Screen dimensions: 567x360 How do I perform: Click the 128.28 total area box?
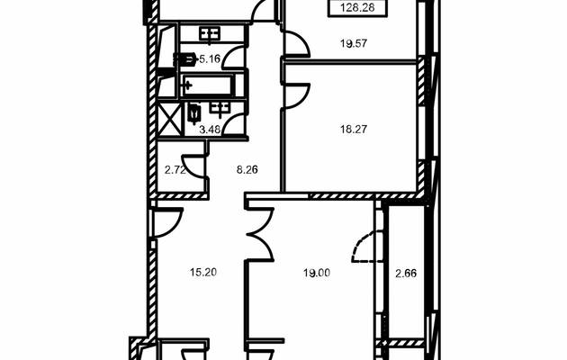pyautogui.click(x=357, y=8)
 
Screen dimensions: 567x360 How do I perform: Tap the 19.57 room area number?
pyautogui.click(x=354, y=44)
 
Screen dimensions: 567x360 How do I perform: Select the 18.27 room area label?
pyautogui.click(x=354, y=129)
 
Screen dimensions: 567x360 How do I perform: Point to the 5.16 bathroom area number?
pyautogui.click(x=210, y=58)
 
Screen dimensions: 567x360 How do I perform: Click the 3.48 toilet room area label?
pyautogui.click(x=210, y=130)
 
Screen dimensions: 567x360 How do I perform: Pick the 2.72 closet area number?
pyautogui.click(x=175, y=170)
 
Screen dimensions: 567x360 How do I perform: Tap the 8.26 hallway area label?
pyautogui.click(x=247, y=170)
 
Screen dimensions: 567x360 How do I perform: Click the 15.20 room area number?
pyautogui.click(x=203, y=272)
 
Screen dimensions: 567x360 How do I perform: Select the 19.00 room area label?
pyautogui.click(x=317, y=273)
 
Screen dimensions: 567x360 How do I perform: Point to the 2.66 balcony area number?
pyautogui.click(x=406, y=274)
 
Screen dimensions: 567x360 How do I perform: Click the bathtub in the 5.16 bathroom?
pyautogui.click(x=208, y=85)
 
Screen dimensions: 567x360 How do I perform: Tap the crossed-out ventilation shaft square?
pyautogui.click(x=169, y=119)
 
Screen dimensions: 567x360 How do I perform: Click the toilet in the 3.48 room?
pyautogui.click(x=194, y=112)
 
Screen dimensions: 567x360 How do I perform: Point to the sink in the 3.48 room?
pyautogui.click(x=220, y=108)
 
